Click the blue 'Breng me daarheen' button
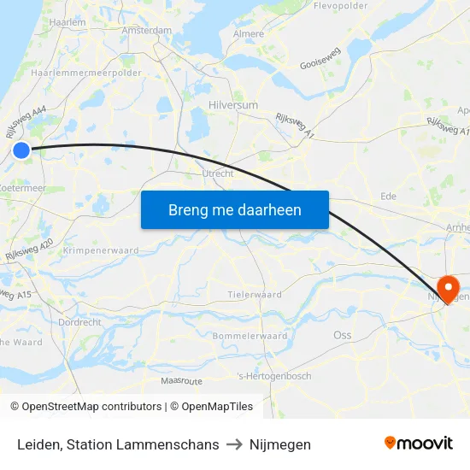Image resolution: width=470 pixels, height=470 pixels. pyautogui.click(x=235, y=210)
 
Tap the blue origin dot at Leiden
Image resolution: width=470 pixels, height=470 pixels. pyautogui.click(x=21, y=151)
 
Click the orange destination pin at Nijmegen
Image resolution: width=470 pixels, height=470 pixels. pyautogui.click(x=447, y=287)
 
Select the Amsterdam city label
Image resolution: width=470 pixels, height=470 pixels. pyautogui.click(x=147, y=30)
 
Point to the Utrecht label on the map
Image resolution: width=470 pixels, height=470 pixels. pyautogui.click(x=218, y=173)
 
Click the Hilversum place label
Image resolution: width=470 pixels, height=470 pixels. pyautogui.click(x=232, y=105)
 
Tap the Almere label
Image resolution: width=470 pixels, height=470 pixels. pyautogui.click(x=249, y=34)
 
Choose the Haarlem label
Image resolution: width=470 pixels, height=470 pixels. pyautogui.click(x=68, y=23)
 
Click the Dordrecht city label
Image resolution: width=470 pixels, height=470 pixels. pyautogui.click(x=80, y=322)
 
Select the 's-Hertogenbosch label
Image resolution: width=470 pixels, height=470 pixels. pyautogui.click(x=274, y=376)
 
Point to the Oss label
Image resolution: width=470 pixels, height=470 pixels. pyautogui.click(x=342, y=336)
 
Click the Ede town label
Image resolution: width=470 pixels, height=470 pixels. pyautogui.click(x=388, y=196)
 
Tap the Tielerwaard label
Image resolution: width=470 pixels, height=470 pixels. pyautogui.click(x=255, y=295)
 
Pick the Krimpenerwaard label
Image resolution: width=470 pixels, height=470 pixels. pyautogui.click(x=101, y=251)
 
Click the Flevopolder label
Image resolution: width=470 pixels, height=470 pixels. pyautogui.click(x=341, y=6)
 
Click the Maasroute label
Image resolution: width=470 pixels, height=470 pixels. pyautogui.click(x=181, y=380)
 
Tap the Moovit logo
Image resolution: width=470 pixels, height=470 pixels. pyautogui.click(x=418, y=443)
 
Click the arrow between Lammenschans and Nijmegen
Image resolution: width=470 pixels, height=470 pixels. pyautogui.click(x=234, y=444)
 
